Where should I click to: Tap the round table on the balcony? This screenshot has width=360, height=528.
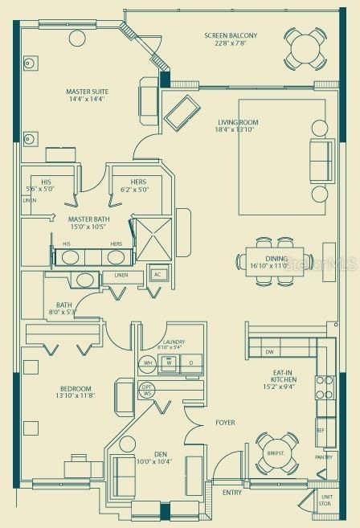tap(305, 48)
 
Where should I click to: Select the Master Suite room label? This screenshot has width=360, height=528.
tap(88, 92)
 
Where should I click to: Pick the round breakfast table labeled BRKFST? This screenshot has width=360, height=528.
tap(277, 454)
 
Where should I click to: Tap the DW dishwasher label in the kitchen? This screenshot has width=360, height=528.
tap(269, 352)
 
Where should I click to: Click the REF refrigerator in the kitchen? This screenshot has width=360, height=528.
tap(321, 430)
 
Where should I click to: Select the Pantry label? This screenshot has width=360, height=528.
tap(323, 457)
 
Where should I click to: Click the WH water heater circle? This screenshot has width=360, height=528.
tap(148, 363)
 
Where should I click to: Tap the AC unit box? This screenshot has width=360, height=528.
tap(158, 275)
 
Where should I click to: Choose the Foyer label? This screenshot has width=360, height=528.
tap(225, 422)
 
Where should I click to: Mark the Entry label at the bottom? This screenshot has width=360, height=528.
tap(231, 493)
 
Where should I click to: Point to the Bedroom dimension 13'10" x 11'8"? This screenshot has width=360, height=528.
tap(76, 395)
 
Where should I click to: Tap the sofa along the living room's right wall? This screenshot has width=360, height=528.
tap(322, 161)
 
